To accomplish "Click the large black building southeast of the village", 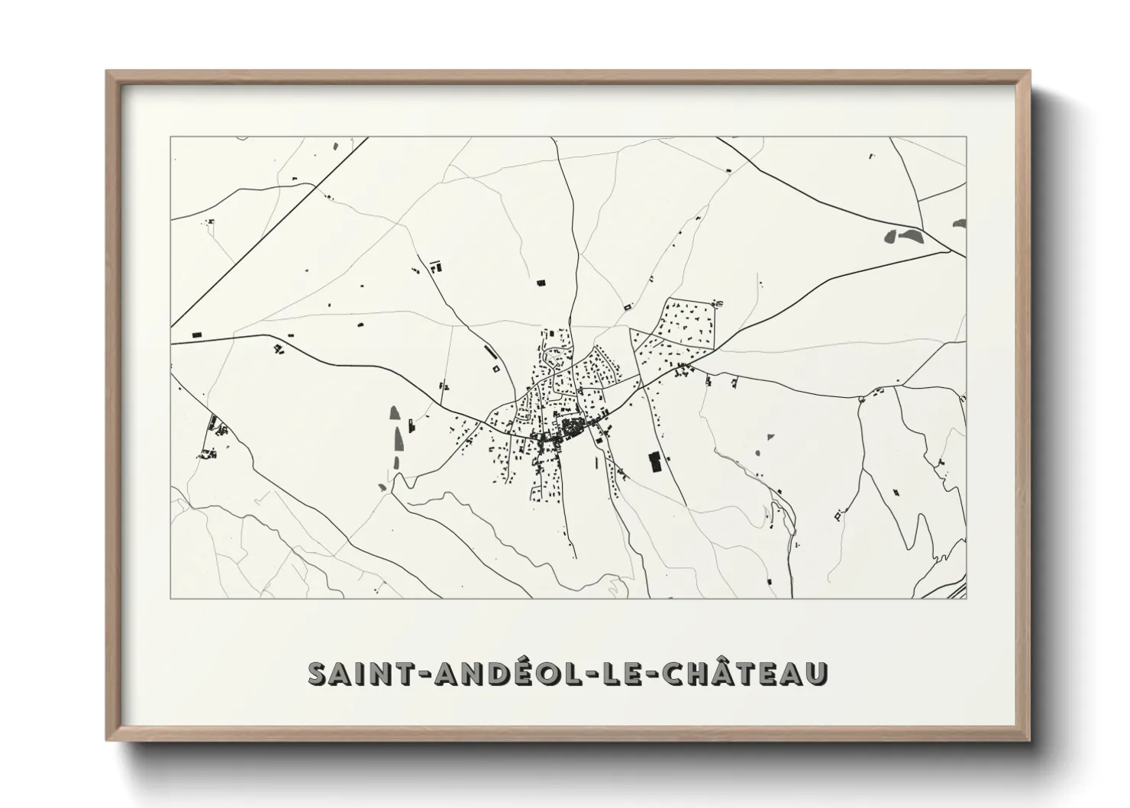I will click(654, 462).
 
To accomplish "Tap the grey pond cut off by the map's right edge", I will click(960, 223).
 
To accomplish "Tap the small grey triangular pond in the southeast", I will click(770, 438).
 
